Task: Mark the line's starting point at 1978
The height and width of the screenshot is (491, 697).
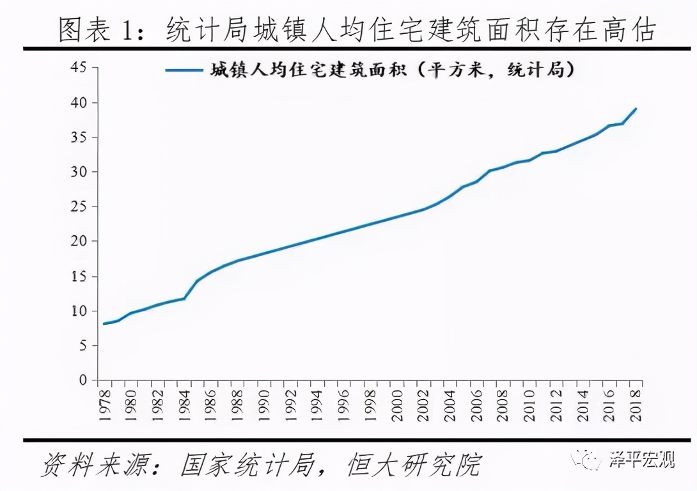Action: click(x=104, y=323)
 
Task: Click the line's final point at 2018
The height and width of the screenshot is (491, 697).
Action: click(x=636, y=109)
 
